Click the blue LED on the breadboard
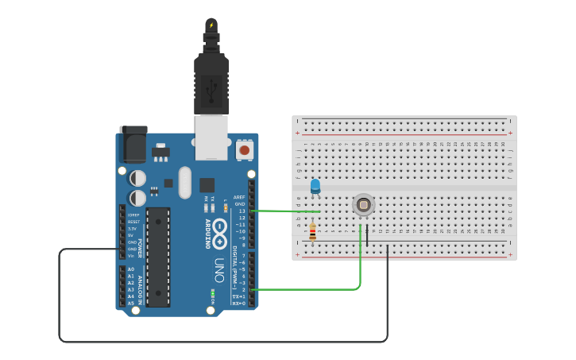pos(315,186)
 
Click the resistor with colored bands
pos(312,232)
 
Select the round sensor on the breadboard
pos(363,205)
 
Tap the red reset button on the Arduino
pos(245,149)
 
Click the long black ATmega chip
pos(158,257)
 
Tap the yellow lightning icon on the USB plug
pos(211,25)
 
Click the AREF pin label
pos(240,196)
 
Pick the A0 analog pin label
pos(131,269)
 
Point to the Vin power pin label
pos(131,255)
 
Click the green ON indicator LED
pos(212,292)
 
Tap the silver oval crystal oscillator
pos(185,182)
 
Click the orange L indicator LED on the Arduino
pos(226,207)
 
